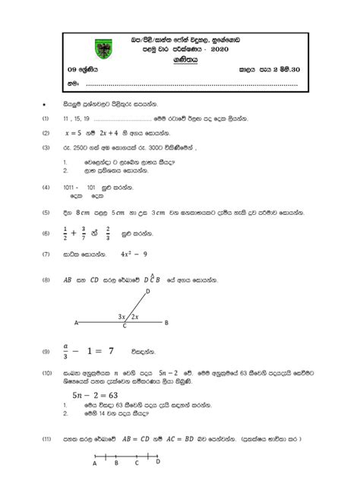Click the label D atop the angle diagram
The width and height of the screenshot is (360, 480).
pyautogui.click(x=147, y=291)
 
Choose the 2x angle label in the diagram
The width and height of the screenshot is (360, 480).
pyautogui.click(x=134, y=316)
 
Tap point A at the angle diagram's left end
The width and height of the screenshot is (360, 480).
pyautogui.click(x=74, y=323)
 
